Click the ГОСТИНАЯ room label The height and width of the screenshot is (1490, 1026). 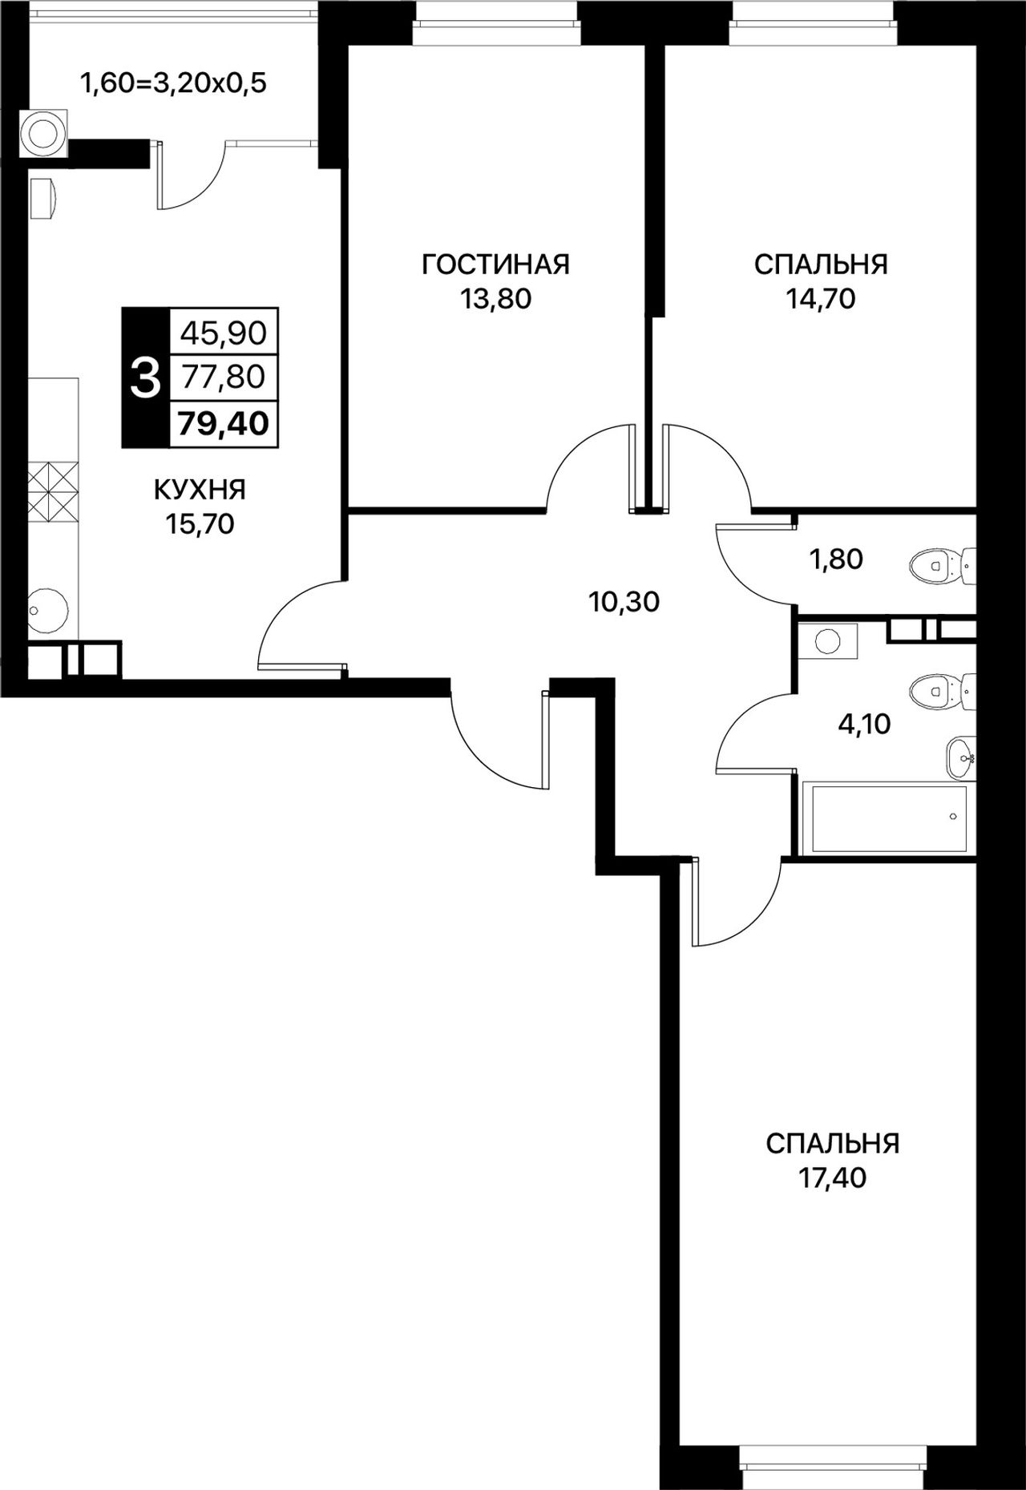point(495,264)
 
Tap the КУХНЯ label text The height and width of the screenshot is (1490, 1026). point(200,489)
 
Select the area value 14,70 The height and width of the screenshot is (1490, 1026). point(821,299)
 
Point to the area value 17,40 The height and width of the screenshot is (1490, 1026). point(833,1178)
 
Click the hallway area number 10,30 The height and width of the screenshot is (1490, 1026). point(624,602)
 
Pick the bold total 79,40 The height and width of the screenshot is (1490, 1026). point(224,422)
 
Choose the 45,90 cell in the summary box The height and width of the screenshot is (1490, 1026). point(224,332)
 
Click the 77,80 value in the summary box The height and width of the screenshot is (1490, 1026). point(224,377)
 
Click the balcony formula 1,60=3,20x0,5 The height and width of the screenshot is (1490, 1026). point(172,83)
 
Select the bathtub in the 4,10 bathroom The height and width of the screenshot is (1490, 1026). point(889,818)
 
